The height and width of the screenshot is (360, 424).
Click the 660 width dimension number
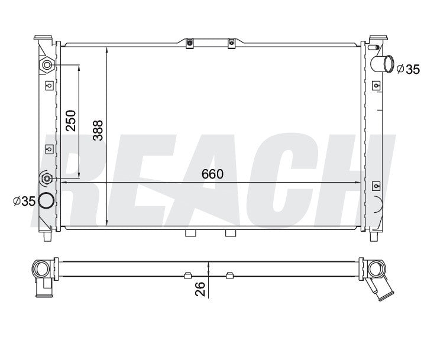click(x=212, y=174)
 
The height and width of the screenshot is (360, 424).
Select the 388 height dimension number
click(x=98, y=130)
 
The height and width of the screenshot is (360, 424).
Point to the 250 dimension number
click(x=71, y=121)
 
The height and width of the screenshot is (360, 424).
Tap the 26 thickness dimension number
click(x=200, y=289)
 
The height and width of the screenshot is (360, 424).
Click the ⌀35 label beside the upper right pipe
click(x=408, y=69)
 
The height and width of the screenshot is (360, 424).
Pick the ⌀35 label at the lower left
click(x=24, y=201)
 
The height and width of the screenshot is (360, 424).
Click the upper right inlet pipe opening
click(x=389, y=64)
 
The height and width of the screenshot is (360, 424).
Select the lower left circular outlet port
click(x=46, y=201)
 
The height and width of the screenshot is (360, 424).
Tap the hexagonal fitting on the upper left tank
click(x=47, y=65)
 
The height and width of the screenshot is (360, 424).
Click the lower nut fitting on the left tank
click(x=47, y=179)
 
